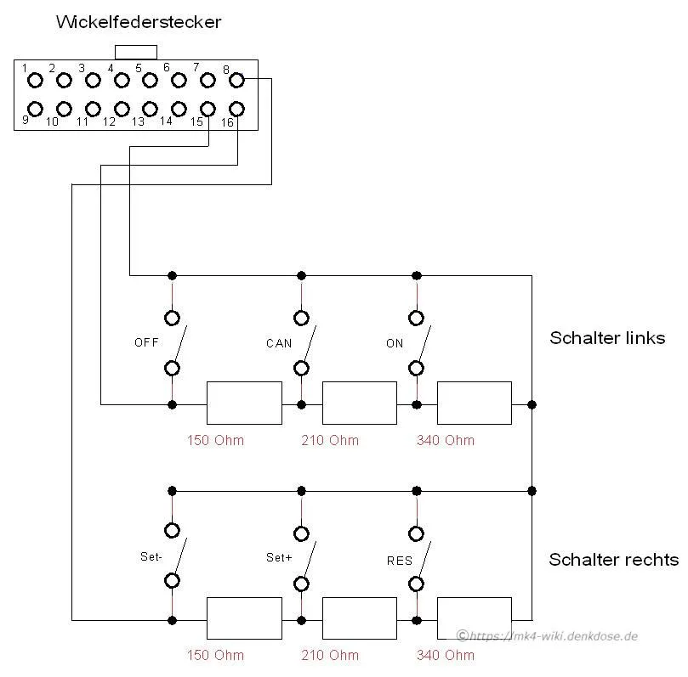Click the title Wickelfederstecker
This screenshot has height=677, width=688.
pos(139,22)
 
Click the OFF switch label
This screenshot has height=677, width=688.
pos(146,342)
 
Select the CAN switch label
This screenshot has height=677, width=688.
pos(279,343)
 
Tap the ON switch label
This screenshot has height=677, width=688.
pos(395,343)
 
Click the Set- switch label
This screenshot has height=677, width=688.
pos(151,556)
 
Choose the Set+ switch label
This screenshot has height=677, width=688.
pos(279,557)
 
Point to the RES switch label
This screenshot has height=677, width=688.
pos(400,561)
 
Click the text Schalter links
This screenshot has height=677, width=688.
pos(607,338)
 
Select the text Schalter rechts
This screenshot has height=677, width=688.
pos(614,560)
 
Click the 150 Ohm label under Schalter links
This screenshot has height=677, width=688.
pos(215,440)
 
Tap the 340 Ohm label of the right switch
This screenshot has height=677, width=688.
pos(446,655)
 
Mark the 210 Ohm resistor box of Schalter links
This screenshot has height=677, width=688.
pos(360,381)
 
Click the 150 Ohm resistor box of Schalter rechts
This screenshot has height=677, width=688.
pos(244,598)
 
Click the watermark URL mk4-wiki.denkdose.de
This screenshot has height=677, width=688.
pos(554,636)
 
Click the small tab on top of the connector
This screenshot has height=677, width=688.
pos(136,46)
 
